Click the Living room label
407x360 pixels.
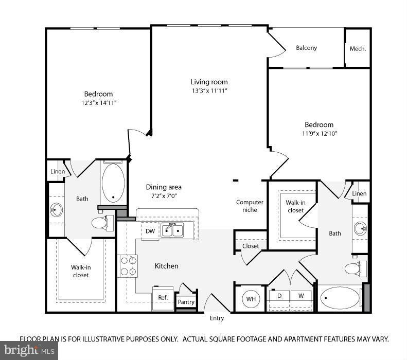tap(209, 82)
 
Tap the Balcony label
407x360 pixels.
tap(306, 48)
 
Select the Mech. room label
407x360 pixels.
tap(358, 49)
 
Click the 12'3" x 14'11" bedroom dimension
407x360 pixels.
tap(98, 103)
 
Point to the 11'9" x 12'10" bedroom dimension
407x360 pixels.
tap(319, 133)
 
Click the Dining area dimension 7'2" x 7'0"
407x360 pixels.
tap(164, 196)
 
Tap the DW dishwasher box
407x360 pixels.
tap(150, 231)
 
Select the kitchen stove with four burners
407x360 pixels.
tap(128, 266)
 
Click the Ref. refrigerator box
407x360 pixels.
tap(163, 298)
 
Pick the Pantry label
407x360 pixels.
tap(186, 302)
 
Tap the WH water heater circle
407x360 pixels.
tap(251, 298)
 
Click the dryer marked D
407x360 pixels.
tap(279, 296)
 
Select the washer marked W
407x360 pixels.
tap(301, 296)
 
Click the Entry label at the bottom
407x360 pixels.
tap(217, 318)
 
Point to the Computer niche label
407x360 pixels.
tap(250, 206)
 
